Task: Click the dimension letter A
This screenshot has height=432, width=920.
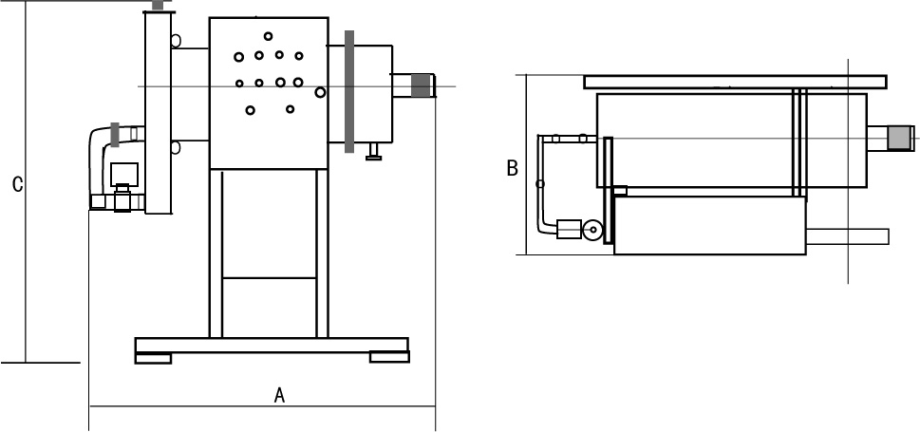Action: (279, 396)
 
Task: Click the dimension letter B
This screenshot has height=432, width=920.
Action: (512, 169)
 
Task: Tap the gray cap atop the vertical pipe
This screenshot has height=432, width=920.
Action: (160, 6)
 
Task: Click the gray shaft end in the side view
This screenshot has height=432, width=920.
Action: (420, 85)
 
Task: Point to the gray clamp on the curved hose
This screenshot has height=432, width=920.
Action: (116, 135)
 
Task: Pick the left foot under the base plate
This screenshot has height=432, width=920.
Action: (153, 358)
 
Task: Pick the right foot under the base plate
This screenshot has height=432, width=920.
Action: (389, 358)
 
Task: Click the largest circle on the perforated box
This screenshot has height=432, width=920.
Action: (321, 92)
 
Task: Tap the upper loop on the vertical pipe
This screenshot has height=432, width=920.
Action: (175, 41)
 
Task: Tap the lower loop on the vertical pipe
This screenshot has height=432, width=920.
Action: (175, 147)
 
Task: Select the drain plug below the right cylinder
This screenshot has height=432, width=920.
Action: (374, 151)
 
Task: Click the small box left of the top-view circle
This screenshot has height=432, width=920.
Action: (569, 230)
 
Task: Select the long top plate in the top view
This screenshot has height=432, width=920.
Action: (735, 83)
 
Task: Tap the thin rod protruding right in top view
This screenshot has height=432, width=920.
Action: (847, 235)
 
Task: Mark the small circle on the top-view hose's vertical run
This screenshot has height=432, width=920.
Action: (540, 183)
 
